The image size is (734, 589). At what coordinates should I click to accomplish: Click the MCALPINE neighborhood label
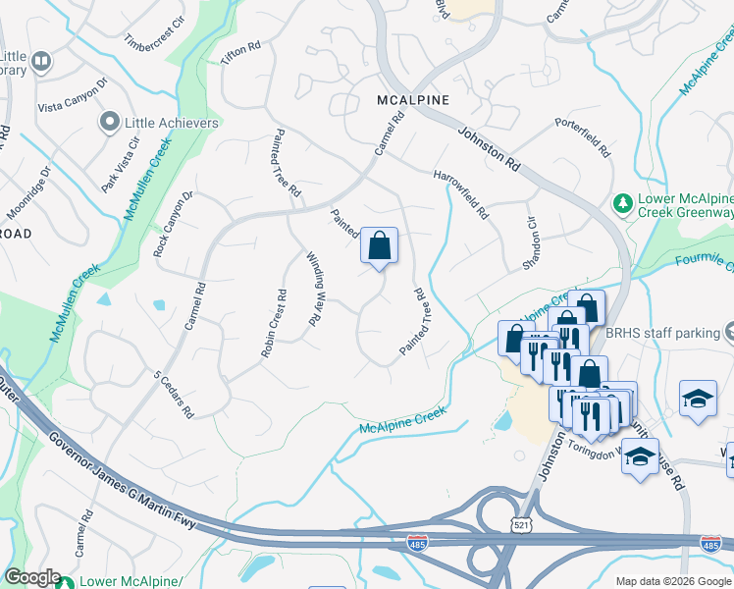click(413, 100)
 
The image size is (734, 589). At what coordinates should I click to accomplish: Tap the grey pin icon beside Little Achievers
click(109, 123)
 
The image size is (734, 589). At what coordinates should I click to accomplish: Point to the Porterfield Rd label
click(583, 138)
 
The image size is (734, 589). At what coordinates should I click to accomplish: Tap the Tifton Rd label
click(240, 53)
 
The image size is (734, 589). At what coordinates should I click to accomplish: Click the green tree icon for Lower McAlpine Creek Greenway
click(621, 202)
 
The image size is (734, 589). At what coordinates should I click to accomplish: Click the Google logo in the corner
click(31, 577)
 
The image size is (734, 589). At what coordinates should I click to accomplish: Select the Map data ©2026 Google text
click(673, 581)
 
